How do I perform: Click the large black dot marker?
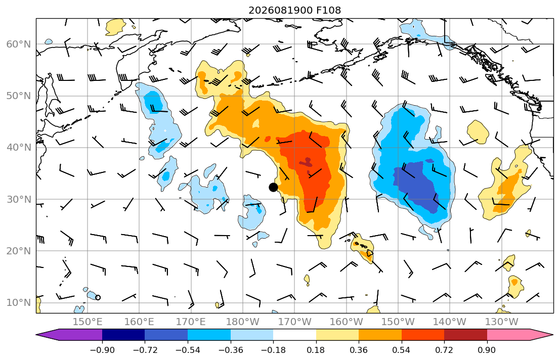(x=273, y=187)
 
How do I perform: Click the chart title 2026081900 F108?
(x=294, y=10)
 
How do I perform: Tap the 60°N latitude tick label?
(x=19, y=44)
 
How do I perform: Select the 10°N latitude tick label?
(x=19, y=303)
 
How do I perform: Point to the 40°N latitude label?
(x=19, y=148)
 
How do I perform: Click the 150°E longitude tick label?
(x=88, y=322)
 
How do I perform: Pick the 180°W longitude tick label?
(x=243, y=322)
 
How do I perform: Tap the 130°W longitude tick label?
(x=501, y=322)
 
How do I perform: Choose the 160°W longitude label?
(x=346, y=322)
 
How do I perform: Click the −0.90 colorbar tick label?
(x=102, y=350)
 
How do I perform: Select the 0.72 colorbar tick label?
(x=444, y=350)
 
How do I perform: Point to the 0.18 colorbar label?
(x=316, y=350)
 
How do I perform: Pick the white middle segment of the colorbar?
(x=294, y=335)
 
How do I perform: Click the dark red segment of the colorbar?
(x=465, y=335)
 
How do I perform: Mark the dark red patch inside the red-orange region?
(x=307, y=162)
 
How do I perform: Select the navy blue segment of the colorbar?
(x=123, y=335)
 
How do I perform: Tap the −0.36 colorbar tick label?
(x=231, y=350)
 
